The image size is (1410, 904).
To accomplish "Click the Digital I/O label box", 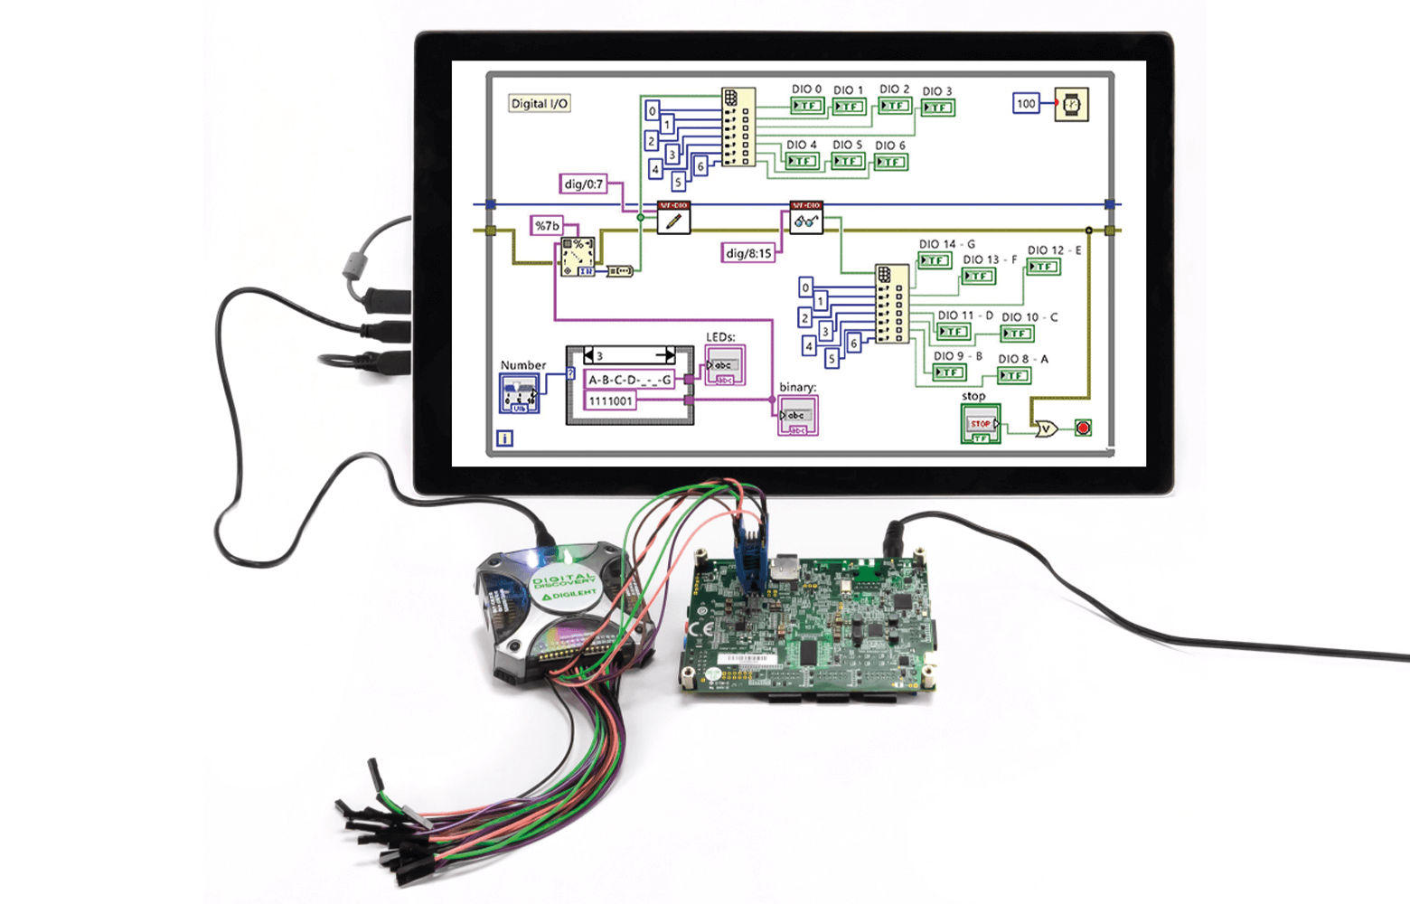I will pyautogui.click(x=540, y=104).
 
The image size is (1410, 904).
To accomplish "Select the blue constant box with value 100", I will pyautogui.click(x=1026, y=104).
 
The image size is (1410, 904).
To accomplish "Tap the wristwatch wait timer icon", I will pyautogui.click(x=1071, y=105).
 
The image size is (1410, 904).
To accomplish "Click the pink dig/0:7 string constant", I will pyautogui.click(x=583, y=184).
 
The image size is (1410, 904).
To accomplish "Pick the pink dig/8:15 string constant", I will pyautogui.click(x=748, y=253).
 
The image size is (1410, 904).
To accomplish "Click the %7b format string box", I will pyautogui.click(x=547, y=225).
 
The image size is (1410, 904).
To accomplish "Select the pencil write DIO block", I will pyautogui.click(x=673, y=218).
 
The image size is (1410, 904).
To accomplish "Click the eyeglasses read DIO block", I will pyautogui.click(x=806, y=218).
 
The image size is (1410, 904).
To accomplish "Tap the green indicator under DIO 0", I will pyautogui.click(x=806, y=107).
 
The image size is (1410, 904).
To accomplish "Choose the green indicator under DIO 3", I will pyautogui.click(x=937, y=108).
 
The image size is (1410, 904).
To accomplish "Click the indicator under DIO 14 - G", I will pyautogui.click(x=934, y=261).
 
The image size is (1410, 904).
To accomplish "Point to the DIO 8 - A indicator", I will pyautogui.click(x=1014, y=375).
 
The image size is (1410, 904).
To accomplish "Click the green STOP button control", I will pyautogui.click(x=981, y=424).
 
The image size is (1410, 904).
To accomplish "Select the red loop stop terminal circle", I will pyautogui.click(x=1083, y=428).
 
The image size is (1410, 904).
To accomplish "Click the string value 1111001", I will pyautogui.click(x=611, y=401).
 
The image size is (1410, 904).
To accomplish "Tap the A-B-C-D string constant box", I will pyautogui.click(x=630, y=380).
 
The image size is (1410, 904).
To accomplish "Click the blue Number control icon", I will pyautogui.click(x=520, y=394).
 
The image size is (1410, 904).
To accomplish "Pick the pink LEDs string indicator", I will pyautogui.click(x=725, y=366).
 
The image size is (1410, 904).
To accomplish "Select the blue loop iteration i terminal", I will pyautogui.click(x=505, y=438).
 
